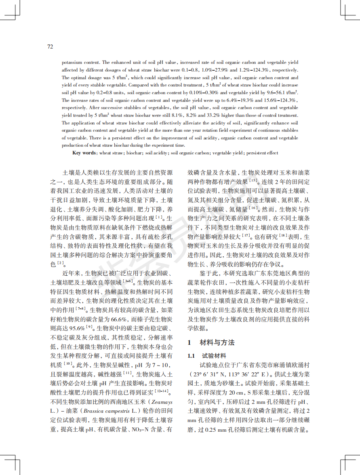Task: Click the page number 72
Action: click(x=50, y=47)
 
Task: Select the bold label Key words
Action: click(x=84, y=153)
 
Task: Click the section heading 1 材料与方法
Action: click(x=211, y=342)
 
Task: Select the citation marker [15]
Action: click(x=254, y=179)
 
